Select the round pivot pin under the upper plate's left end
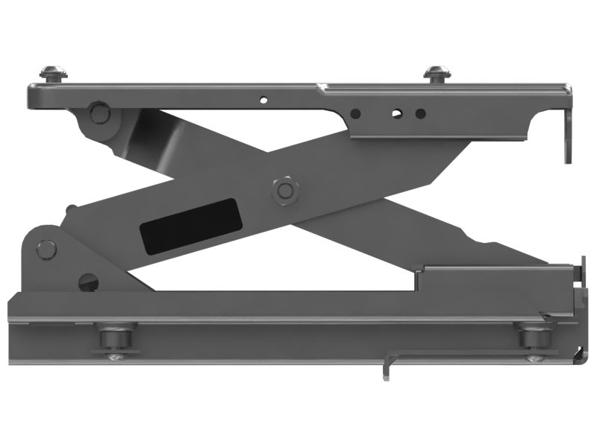[x=97, y=114]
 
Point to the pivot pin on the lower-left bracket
[x=46, y=250]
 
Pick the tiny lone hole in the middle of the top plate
[x=262, y=99]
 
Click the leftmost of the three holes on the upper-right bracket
[x=356, y=114]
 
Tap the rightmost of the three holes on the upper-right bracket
[x=420, y=114]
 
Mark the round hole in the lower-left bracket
[x=88, y=282]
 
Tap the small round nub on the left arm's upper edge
[x=70, y=209]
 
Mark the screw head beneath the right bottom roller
[x=534, y=358]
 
